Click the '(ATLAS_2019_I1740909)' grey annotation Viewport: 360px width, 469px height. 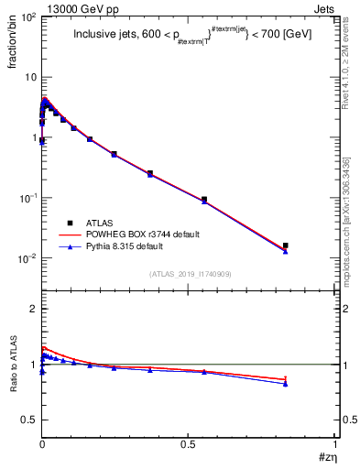pyautogui.click(x=189, y=273)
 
